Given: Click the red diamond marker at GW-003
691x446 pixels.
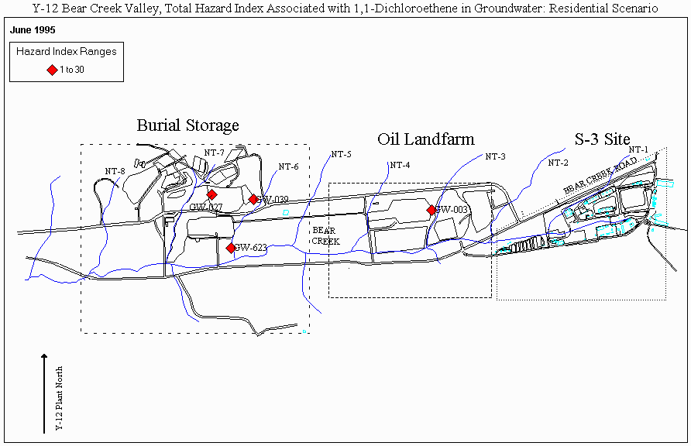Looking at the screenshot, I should tap(431, 210).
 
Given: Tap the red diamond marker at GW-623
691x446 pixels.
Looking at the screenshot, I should tap(230, 248).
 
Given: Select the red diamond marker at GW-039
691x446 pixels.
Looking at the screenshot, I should tap(253, 199).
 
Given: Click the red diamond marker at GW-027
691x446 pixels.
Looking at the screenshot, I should tap(211, 194).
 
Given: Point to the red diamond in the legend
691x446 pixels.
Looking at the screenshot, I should tap(53, 70).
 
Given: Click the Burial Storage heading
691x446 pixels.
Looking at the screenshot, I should tap(187, 125).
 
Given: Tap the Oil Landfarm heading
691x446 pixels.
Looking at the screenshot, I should tap(425, 139).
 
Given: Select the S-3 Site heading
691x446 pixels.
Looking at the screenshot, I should tap(602, 139).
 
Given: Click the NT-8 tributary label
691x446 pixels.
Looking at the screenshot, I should tap(115, 171).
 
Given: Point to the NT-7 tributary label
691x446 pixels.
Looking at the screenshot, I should tap(214, 153).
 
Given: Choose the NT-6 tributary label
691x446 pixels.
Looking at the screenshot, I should tap(288, 166).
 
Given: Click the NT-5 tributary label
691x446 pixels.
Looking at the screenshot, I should tap(341, 154).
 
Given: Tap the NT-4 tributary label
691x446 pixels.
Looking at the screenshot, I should tap(400, 165).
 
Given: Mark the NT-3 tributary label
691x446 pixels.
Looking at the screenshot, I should tap(495, 156).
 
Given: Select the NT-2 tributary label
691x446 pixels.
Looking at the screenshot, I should tap(558, 163).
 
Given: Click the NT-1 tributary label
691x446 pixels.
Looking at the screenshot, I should tap(638, 149).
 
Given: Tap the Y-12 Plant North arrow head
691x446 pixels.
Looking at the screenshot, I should tap(45, 357).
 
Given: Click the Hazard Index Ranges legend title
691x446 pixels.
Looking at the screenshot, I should tap(66, 52).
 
